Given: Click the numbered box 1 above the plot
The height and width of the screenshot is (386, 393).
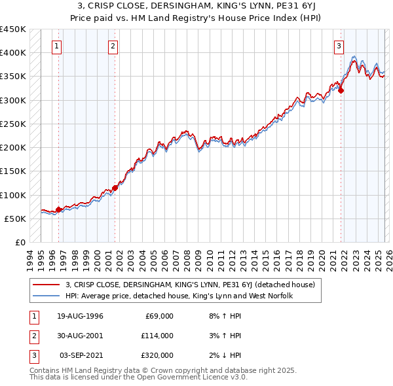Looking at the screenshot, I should coord(58,46).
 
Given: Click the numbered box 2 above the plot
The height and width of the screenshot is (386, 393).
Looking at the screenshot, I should coord(113,46).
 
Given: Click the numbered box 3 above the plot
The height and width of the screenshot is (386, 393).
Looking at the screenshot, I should coord(339,46).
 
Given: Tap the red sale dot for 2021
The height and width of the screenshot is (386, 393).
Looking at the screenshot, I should coord(341,91).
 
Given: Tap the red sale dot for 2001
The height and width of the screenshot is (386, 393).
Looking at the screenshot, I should coord(115,188).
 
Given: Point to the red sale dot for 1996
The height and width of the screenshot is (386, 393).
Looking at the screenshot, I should coord(58,209).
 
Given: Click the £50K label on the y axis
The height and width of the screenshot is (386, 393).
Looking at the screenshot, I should coord(15,219).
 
